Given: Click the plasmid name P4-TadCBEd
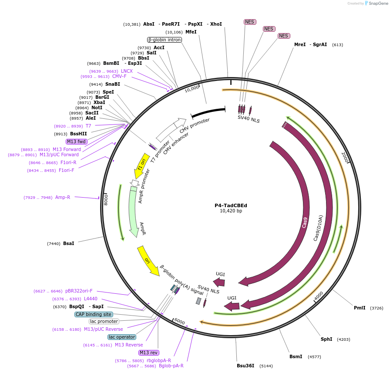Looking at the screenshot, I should coord(231,205).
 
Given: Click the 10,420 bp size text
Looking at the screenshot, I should coord(231,211).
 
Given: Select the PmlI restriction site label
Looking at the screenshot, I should coord(360,308).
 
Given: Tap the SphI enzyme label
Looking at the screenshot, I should coord(326,339).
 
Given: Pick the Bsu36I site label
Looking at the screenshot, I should coord(245,366).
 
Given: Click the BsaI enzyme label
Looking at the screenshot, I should coord(68,243).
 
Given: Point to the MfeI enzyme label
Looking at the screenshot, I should coord(191,32).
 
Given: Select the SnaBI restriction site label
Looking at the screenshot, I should coord(112,84).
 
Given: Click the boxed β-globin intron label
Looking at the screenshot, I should coord(164,40).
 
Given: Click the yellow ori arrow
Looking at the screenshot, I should coord(148,260).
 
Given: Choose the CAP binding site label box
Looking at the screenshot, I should coord(94,314).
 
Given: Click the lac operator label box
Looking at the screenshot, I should coord(122,337).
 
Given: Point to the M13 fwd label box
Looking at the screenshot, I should coord(76,141).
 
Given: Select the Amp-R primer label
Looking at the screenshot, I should coord(63,197).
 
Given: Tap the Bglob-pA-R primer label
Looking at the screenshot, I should coord(171,366).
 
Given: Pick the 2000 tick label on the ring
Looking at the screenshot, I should coord(345,157).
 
